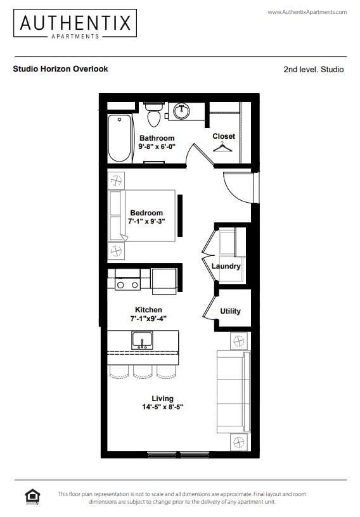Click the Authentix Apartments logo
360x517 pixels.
(x=75, y=24)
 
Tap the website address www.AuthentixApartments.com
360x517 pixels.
(x=307, y=12)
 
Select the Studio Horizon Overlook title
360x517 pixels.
(x=60, y=69)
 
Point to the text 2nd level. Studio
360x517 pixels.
(x=314, y=70)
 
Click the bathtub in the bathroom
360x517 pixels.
(x=119, y=137)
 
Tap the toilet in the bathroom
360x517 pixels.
(x=154, y=115)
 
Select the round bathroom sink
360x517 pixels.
(x=181, y=112)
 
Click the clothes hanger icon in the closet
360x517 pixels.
(x=222, y=148)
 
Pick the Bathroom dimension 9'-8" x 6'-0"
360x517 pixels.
(x=157, y=146)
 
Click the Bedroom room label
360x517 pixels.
(x=146, y=213)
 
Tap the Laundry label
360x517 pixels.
(x=226, y=266)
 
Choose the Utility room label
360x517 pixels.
(x=230, y=311)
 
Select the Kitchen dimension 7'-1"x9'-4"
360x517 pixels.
(x=148, y=318)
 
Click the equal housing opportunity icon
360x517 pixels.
(x=31, y=497)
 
